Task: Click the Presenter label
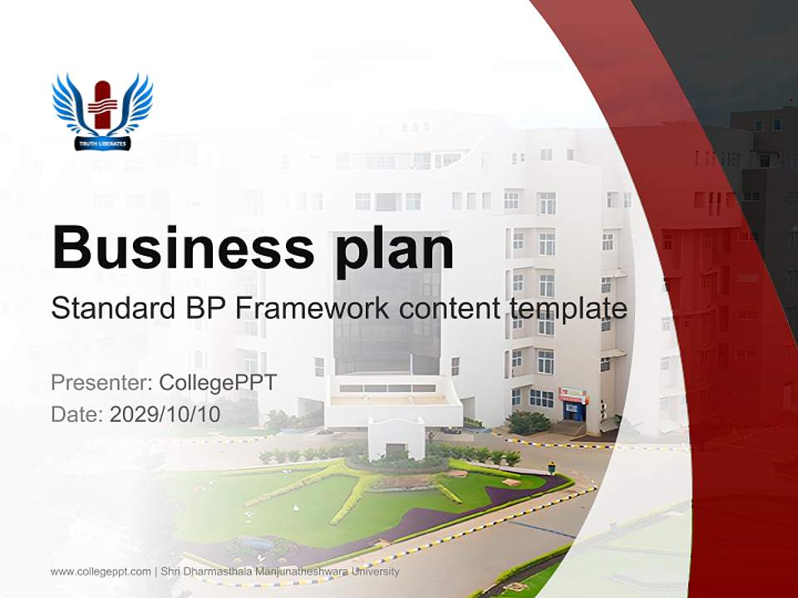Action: (x=99, y=383)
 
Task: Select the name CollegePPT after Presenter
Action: (x=218, y=383)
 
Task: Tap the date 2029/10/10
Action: (x=165, y=414)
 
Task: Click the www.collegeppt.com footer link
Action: (x=100, y=571)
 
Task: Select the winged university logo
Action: (x=102, y=113)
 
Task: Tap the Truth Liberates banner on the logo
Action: (x=102, y=144)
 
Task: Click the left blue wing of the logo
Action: (x=70, y=104)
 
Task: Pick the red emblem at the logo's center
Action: (x=102, y=105)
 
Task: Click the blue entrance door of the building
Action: (x=574, y=410)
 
